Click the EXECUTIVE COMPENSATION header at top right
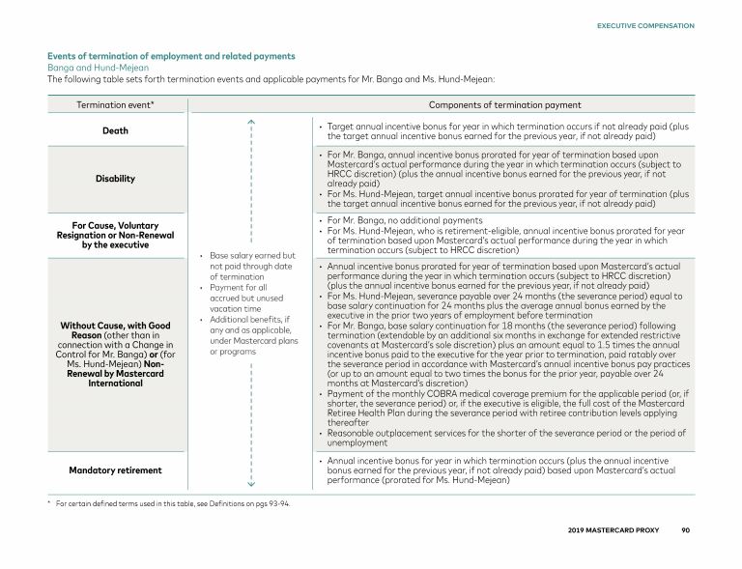tap(645, 25)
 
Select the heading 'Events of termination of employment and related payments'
tap(171, 56)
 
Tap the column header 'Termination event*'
tap(115, 104)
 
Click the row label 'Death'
tap(115, 131)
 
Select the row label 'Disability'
tap(115, 179)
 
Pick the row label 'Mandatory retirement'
tap(115, 470)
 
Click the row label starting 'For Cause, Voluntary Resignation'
tap(115, 235)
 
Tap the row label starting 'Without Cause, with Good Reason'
tap(115, 354)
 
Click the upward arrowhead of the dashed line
tap(250, 121)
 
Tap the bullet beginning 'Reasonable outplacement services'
tap(506, 438)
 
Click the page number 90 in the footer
tap(685, 530)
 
